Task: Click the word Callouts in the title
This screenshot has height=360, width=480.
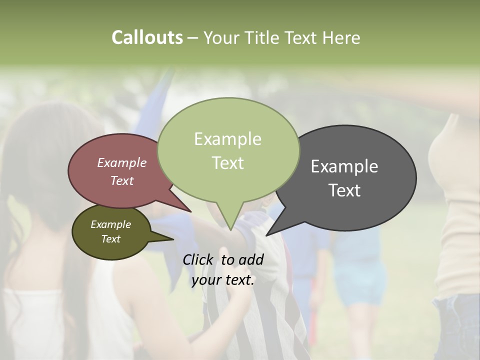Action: pos(147,37)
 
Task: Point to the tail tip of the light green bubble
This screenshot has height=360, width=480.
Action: pos(230,229)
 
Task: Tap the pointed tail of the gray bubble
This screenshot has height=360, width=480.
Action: pos(268,234)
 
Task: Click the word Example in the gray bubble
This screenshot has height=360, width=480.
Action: pos(344,166)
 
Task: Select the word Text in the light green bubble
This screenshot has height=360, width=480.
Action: pos(228,163)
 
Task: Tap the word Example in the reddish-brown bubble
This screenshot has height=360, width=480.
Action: pos(122,162)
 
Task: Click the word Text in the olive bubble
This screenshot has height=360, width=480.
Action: pos(111,239)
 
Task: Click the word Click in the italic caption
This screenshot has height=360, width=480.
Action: pos(198,259)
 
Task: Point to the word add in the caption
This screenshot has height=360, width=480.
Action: pos(251,259)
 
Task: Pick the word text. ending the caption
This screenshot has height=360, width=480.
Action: pos(239,280)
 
